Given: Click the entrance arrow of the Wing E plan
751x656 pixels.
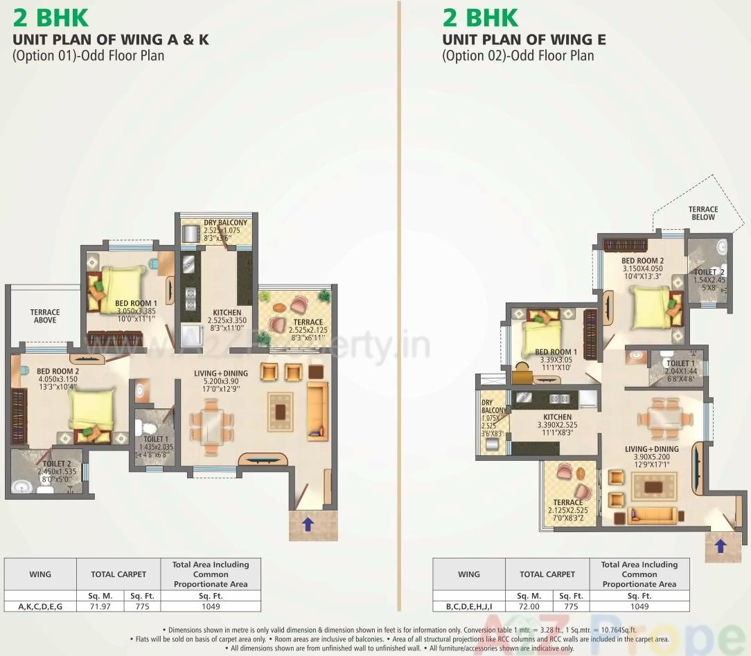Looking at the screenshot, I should click(x=721, y=546).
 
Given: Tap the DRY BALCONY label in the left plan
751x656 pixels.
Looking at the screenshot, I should click(x=225, y=223).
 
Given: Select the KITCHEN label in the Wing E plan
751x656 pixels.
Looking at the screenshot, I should click(x=558, y=417).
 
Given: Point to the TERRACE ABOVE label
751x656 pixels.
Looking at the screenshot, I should click(x=45, y=316).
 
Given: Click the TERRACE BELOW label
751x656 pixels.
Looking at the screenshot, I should click(x=703, y=213).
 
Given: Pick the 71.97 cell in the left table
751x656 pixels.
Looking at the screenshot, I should click(x=100, y=606).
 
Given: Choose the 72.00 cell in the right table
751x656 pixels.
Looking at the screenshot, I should click(x=529, y=606).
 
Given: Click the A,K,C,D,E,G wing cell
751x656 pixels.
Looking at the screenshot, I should click(x=40, y=606).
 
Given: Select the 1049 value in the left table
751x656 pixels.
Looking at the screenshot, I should click(x=211, y=606).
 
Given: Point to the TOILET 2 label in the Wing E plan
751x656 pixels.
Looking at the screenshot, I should click(x=709, y=273).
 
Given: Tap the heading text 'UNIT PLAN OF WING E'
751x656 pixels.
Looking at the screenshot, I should click(x=524, y=39).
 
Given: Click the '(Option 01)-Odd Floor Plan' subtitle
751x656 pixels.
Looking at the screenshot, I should click(x=89, y=55).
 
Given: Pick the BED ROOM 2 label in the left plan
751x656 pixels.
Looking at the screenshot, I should click(x=58, y=371).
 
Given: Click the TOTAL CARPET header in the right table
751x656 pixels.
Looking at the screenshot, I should click(x=547, y=574).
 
